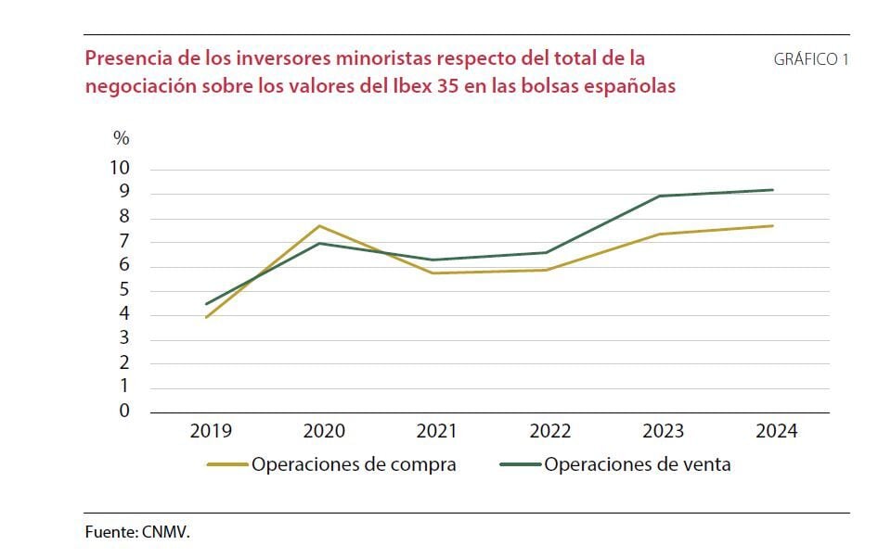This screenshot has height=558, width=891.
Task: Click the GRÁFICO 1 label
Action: pyautogui.click(x=810, y=59)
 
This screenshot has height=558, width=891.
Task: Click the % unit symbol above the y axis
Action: pyautogui.click(x=122, y=138)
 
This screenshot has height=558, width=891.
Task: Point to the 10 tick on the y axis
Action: pyautogui.click(x=121, y=169)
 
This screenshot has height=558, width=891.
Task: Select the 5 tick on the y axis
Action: pyautogui.click(x=124, y=290)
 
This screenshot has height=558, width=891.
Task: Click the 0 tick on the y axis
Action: pyautogui.click(x=124, y=412)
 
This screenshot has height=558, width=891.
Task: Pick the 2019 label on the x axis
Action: pyautogui.click(x=211, y=431)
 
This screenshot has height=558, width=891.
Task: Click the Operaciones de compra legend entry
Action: pyautogui.click(x=353, y=464)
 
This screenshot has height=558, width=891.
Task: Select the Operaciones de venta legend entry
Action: pyautogui.click(x=637, y=464)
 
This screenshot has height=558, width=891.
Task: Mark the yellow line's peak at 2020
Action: pyautogui.click(x=320, y=225)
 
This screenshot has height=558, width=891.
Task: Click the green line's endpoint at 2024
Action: pyautogui.click(x=773, y=190)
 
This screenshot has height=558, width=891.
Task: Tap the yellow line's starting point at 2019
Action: pyautogui.click(x=206, y=317)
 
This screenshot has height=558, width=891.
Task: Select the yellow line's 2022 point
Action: pyautogui.click(x=547, y=270)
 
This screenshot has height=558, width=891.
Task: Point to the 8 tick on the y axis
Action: pyautogui.click(x=124, y=218)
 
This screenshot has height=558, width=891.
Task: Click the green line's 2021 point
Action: pyautogui.click(x=433, y=260)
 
